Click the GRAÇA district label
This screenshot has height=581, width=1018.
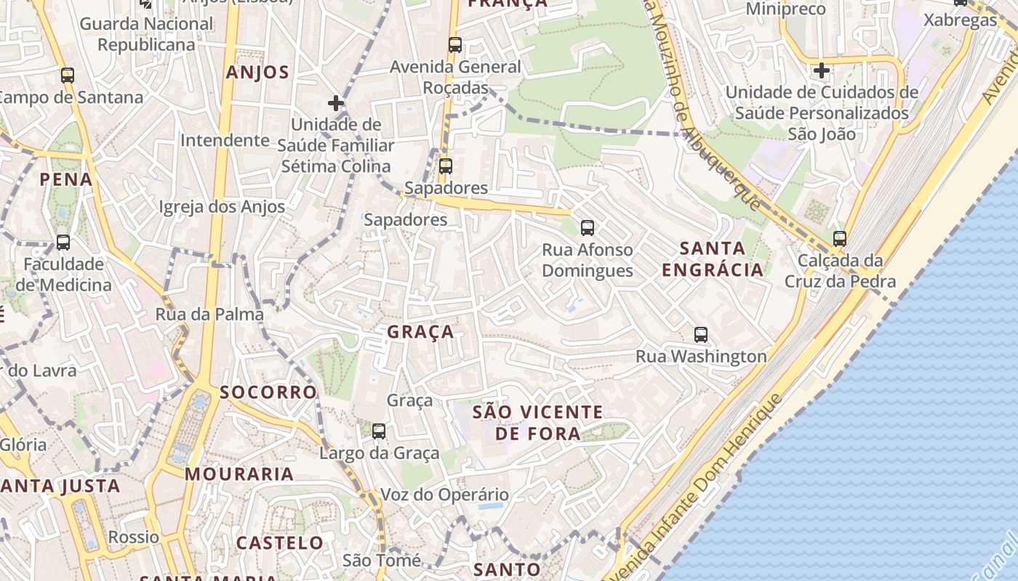[420, 333]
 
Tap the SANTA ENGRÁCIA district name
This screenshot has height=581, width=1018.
[713, 259]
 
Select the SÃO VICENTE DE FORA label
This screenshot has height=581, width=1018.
[537, 423]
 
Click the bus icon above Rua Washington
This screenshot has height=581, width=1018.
[701, 335]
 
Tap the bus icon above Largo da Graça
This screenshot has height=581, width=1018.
[379, 431]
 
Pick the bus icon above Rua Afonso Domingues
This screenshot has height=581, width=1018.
[588, 228]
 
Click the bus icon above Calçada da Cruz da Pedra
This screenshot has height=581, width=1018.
[840, 238]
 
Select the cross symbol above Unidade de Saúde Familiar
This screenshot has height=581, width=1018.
[335, 103]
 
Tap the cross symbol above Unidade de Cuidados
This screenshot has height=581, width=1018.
[822, 70]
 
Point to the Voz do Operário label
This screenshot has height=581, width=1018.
[445, 495]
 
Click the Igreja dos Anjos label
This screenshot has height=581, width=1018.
[223, 207]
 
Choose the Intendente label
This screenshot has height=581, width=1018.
[225, 140]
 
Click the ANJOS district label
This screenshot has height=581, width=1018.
[257, 73]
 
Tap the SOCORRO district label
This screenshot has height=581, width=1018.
[268, 393]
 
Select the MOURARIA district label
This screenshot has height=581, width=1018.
[239, 475]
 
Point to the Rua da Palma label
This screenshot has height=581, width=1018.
[209, 314]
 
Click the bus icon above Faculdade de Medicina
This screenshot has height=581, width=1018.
[63, 243]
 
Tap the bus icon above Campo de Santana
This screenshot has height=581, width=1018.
[68, 76]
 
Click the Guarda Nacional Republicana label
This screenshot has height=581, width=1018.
[147, 34]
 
